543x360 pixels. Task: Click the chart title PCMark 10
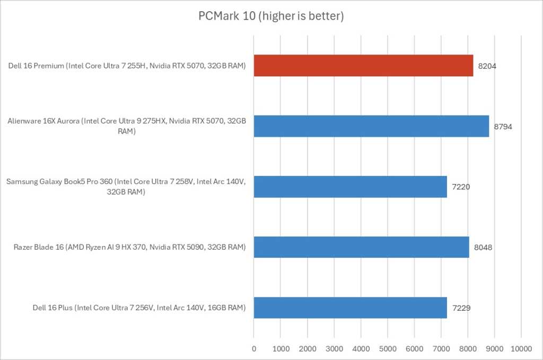tap(271, 16)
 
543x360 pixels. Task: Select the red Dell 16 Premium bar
tap(363, 66)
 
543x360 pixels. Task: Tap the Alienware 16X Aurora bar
tap(371, 126)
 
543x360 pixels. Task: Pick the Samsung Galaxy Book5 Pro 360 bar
tap(350, 187)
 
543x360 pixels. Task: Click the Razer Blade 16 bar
tap(361, 247)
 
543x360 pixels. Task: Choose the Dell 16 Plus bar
tap(350, 308)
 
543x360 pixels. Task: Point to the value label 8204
tap(488, 66)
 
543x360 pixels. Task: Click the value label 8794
tap(504, 126)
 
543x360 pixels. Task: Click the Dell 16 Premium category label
tap(127, 66)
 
